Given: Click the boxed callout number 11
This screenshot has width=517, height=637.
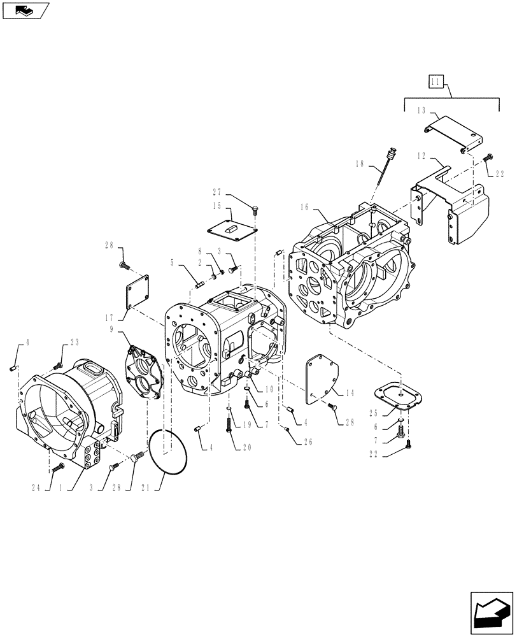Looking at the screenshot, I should click(x=436, y=82).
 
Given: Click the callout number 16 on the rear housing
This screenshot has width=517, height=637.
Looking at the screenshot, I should click(x=304, y=207).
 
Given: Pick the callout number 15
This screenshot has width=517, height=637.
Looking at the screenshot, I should click(x=216, y=206).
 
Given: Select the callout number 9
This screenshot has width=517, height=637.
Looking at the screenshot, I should click(x=113, y=329).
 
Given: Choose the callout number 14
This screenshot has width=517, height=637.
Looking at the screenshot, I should click(x=350, y=394).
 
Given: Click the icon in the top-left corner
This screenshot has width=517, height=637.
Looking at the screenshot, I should click(x=24, y=10).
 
